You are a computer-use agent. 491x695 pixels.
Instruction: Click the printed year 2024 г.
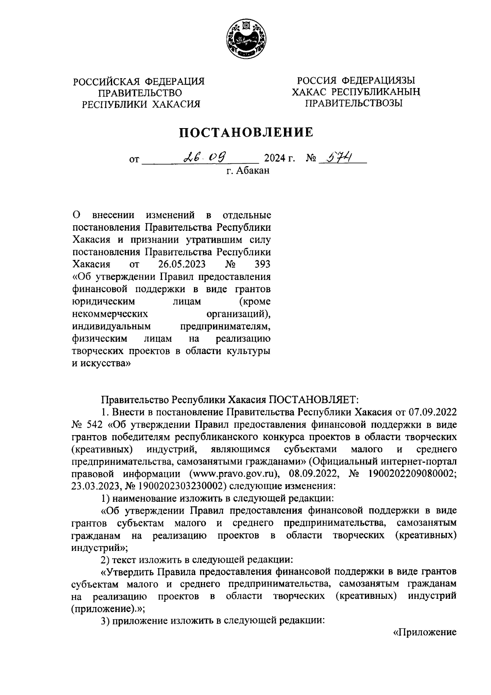tap(279, 158)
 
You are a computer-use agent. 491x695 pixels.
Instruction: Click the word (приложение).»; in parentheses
tap(108, 609)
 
